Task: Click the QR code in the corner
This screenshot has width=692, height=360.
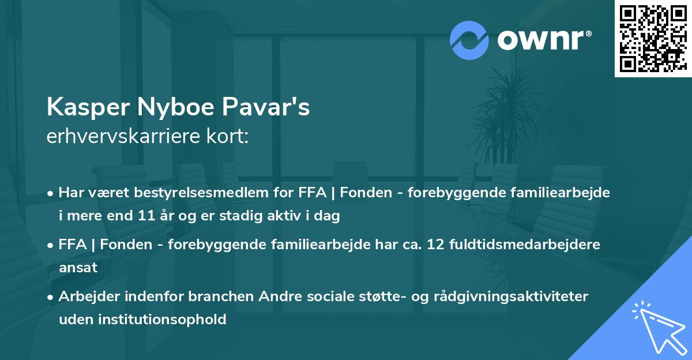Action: coord(653,38)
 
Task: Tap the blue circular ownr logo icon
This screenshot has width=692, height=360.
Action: coord(469,40)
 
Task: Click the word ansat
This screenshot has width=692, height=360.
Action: coord(78,268)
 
